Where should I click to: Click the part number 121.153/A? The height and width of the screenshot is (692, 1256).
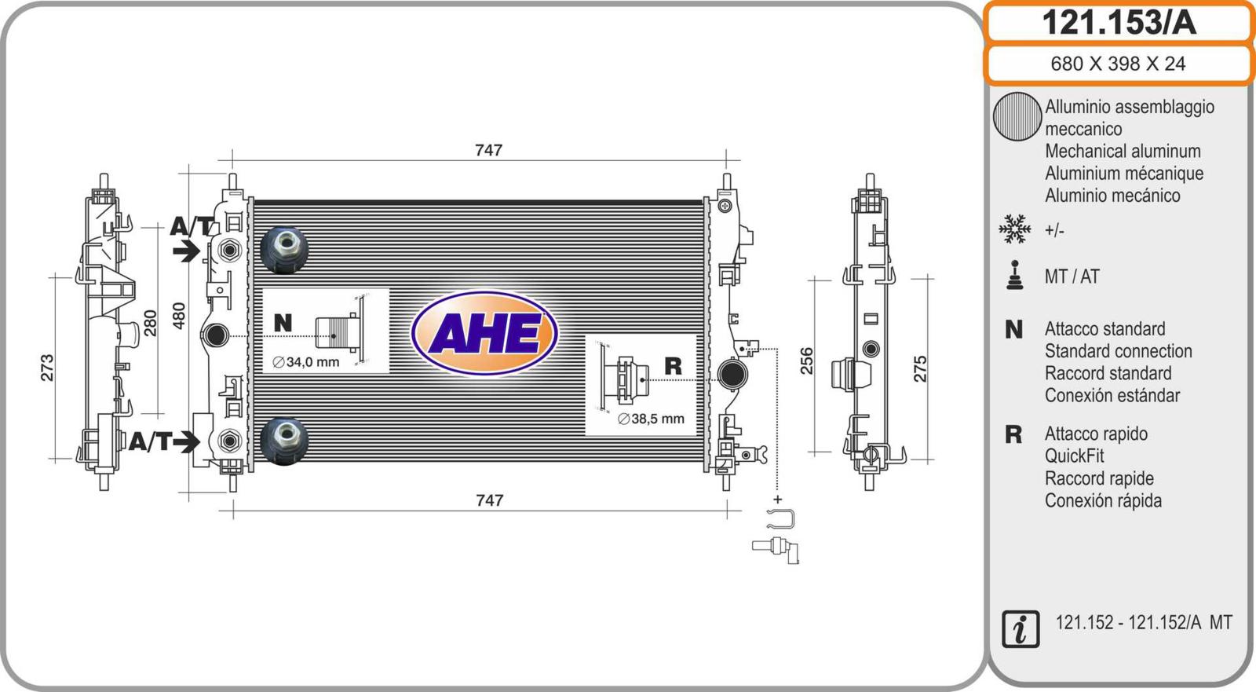[x=1119, y=23]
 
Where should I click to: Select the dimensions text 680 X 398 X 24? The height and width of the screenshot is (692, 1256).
[x=1118, y=64]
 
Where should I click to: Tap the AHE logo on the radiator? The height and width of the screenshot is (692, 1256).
[x=484, y=333]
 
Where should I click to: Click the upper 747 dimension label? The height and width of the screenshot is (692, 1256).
[x=488, y=150]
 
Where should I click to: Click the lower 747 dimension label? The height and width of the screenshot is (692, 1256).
[x=489, y=500]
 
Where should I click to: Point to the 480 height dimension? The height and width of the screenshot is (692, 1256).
[x=178, y=316]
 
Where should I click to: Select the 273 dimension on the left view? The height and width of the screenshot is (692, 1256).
[x=47, y=368]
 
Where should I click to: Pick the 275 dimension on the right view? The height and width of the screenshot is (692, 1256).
[x=920, y=368]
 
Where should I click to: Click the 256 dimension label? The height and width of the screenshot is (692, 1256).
[x=806, y=361]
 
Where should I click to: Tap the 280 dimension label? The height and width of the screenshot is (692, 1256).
[x=150, y=323]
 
